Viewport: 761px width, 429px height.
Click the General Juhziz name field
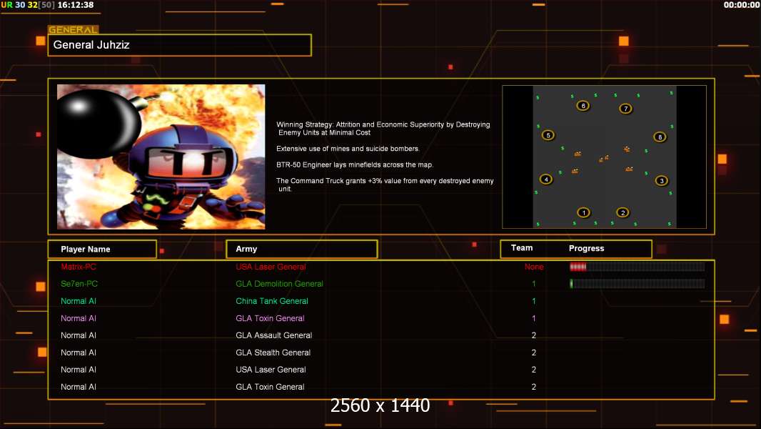coord(180,45)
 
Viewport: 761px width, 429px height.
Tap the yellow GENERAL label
coord(74,29)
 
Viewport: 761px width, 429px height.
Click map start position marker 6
coord(583,105)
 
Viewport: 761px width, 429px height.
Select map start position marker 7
coord(625,109)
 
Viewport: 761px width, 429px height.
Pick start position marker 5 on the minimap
coord(548,135)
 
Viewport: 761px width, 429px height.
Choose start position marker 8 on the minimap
coord(660,137)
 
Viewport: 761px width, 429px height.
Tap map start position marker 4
coord(546,179)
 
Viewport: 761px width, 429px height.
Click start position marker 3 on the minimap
coord(662,181)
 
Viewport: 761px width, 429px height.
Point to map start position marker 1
coord(583,212)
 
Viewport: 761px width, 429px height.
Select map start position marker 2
coord(623,212)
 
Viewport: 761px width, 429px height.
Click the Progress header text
coord(586,248)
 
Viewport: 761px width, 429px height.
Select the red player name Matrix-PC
coord(79,267)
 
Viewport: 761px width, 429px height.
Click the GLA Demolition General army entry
coord(280,284)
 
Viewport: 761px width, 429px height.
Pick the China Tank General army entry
coord(272,301)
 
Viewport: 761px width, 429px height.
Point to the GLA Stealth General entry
coord(273,352)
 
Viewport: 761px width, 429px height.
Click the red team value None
coord(534,267)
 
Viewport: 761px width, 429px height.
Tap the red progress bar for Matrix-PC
coord(578,266)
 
